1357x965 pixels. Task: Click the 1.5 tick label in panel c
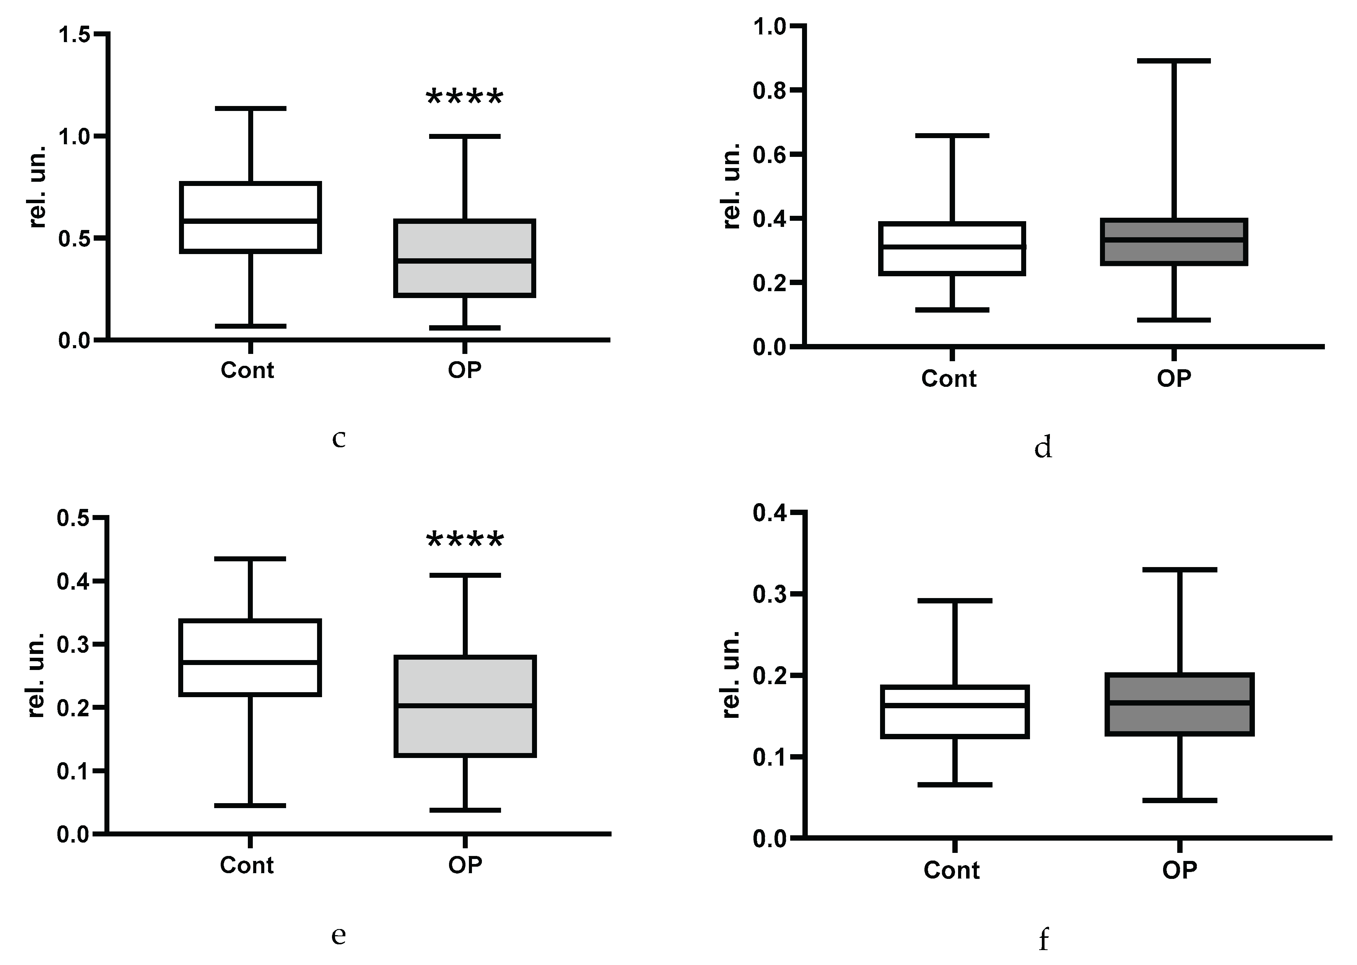[x=74, y=34]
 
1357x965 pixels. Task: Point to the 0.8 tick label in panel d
[x=770, y=90]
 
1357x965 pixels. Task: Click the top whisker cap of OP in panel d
[x=1174, y=60]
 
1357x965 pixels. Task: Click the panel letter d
[x=1043, y=447]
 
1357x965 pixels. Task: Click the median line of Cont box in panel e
[x=251, y=662]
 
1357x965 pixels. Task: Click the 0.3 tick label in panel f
[x=770, y=594]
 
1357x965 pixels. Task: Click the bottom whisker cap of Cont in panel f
[x=955, y=785]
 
